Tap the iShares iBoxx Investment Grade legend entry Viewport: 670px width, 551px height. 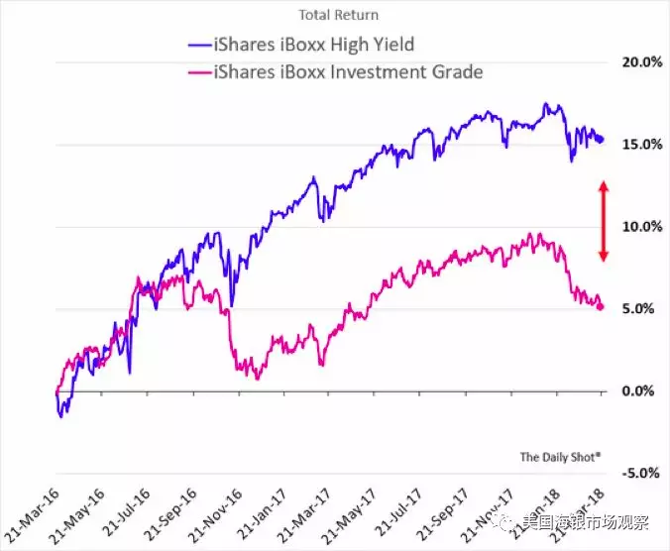tap(333, 71)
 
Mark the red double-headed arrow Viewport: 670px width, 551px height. tap(603, 223)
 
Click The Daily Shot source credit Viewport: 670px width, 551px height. tap(561, 457)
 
